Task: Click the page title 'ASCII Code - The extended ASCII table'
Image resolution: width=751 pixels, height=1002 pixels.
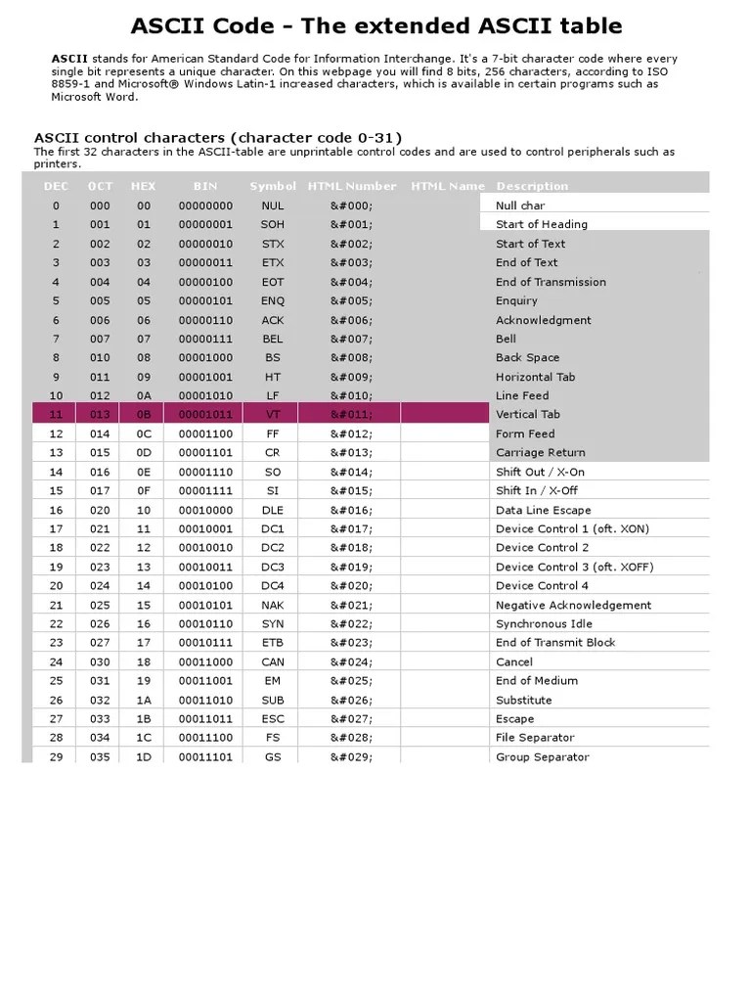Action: pos(376,26)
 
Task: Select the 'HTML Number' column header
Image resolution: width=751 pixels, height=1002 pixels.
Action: pos(352,186)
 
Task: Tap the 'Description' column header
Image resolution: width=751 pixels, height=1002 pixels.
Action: pos(532,186)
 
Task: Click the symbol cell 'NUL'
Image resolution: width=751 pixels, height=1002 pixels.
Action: pos(273,205)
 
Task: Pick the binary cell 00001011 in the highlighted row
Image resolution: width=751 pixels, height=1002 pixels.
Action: pos(205,415)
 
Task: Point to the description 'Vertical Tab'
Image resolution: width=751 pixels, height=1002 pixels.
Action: pos(528,415)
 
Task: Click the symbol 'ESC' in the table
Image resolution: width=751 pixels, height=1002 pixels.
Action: pos(273,718)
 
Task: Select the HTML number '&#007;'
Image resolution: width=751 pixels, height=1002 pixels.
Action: pos(351,339)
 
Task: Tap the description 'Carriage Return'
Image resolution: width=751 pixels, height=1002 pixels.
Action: pos(541,453)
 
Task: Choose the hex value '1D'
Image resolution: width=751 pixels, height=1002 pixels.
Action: pos(144,757)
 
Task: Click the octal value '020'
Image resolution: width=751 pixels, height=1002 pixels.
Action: pos(100,510)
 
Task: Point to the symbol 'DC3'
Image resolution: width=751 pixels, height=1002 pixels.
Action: pos(273,568)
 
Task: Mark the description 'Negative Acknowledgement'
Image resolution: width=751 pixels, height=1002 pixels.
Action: pos(573,605)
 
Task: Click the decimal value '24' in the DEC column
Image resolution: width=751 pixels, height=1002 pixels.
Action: pos(56,661)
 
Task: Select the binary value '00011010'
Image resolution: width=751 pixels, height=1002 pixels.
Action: pos(205,700)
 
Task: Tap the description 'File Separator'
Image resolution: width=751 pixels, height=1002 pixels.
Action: pos(535,738)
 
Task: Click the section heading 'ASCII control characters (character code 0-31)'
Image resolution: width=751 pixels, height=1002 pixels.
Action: pos(218,138)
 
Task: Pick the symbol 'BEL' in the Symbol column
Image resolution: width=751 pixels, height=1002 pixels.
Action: pos(273,339)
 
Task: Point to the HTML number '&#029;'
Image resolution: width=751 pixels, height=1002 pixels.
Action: pos(351,757)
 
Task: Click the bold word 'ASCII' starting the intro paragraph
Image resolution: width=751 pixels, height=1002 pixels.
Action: pos(68,59)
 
